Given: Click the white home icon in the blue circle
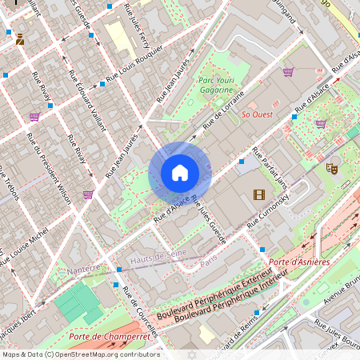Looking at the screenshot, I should [180, 172].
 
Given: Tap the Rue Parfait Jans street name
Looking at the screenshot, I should [270, 167].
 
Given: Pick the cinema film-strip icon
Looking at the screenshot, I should [258, 194].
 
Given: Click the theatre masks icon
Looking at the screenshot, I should [330, 168].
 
